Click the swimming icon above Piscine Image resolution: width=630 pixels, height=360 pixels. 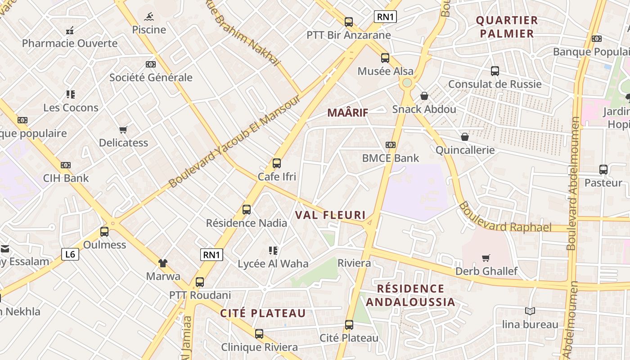click(149, 17)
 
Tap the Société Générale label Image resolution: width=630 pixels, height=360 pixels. click(151, 77)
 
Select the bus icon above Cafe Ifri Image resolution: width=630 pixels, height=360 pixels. click(277, 163)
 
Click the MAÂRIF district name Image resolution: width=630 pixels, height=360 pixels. click(347, 113)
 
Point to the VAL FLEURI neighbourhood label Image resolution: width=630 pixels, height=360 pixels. click(330, 215)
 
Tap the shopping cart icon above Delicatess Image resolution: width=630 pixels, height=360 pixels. click(123, 130)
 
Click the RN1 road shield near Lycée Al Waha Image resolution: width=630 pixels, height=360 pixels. click(211, 255)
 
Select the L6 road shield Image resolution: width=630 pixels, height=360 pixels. click(70, 254)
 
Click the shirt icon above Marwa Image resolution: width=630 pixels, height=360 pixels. click(163, 263)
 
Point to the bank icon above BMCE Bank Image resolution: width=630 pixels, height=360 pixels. click(391, 145)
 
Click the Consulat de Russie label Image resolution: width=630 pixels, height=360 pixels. click(495, 84)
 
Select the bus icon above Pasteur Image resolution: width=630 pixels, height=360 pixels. click(603, 170)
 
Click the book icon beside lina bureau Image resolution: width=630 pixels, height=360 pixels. click(530, 311)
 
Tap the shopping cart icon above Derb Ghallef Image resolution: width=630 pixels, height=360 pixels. click(486, 258)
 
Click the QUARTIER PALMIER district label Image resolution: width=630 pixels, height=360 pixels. click(507, 27)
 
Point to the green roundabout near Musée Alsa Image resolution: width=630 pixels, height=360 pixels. click(407, 83)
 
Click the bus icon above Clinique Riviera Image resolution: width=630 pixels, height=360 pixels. click(259, 334)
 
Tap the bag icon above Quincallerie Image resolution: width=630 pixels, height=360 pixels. click(465, 137)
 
